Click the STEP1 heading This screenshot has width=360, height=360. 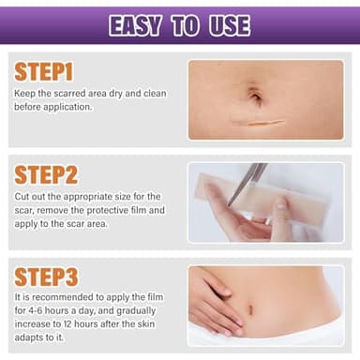tap(45, 73)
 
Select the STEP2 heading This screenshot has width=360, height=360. tap(47, 175)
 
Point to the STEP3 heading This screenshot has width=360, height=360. tap(47, 277)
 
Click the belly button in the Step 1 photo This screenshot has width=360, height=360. tap(255, 95)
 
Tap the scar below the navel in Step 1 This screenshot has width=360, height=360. tap(265, 122)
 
